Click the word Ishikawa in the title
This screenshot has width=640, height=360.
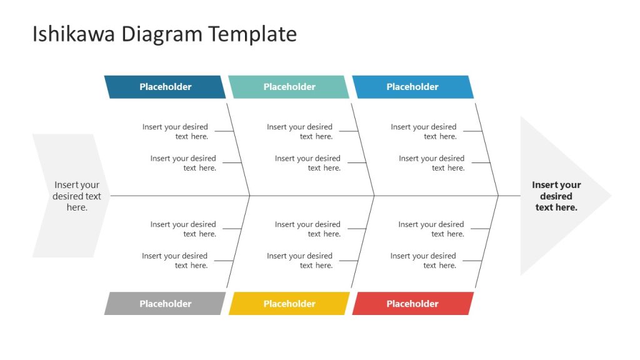click(x=74, y=34)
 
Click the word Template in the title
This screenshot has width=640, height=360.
click(x=252, y=34)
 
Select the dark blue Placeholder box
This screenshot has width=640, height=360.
click(x=165, y=87)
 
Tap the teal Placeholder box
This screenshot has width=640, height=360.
click(x=289, y=87)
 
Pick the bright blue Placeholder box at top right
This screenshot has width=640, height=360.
click(x=412, y=87)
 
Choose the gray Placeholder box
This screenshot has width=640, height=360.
click(x=165, y=304)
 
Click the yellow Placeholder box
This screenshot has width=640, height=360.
click(x=289, y=304)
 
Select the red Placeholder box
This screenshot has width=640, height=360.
click(x=412, y=304)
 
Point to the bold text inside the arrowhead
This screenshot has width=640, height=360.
click(x=556, y=196)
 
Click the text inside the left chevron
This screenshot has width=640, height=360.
click(x=77, y=196)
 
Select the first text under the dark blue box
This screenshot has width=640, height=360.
click(x=176, y=131)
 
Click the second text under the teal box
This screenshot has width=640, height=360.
click(x=307, y=163)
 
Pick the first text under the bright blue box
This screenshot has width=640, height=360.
click(x=424, y=131)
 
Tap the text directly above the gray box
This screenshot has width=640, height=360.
click(x=175, y=261)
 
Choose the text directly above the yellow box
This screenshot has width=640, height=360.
click(x=299, y=261)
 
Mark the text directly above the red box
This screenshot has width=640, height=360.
click(x=423, y=261)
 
